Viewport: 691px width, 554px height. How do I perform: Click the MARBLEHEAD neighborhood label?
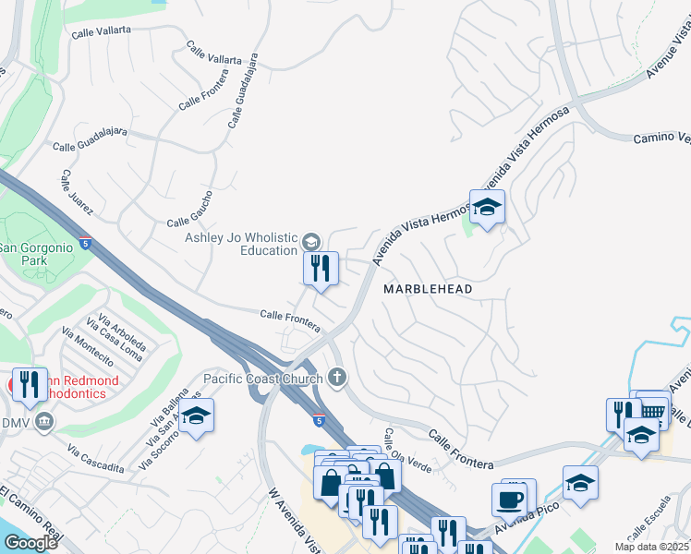coord(428,289)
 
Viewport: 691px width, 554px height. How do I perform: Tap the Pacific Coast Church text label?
coord(263,378)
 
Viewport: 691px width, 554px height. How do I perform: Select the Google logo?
coord(30,542)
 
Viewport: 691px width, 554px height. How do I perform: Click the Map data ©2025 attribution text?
coord(652,547)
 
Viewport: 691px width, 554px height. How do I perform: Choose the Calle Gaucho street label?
coord(190,209)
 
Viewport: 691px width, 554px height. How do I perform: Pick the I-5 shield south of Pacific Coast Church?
coord(318,420)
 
